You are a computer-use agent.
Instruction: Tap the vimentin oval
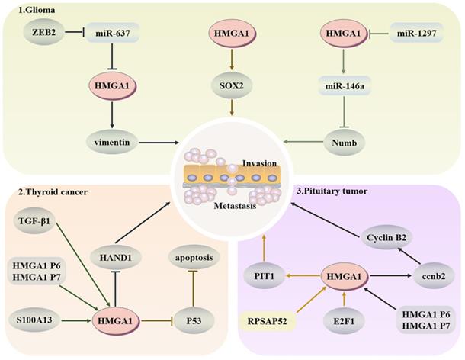click(x=111, y=142)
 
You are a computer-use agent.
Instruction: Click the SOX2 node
click(x=231, y=85)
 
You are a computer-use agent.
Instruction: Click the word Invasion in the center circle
click(x=261, y=164)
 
